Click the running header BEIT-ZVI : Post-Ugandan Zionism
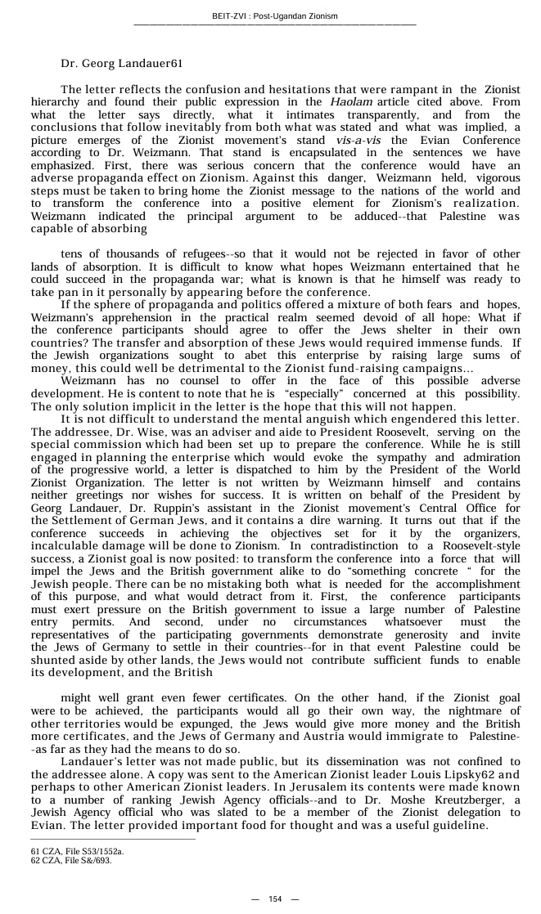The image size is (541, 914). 274,16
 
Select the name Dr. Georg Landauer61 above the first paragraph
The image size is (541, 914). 121,63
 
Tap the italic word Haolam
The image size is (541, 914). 351,102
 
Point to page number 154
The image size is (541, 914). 275,899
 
